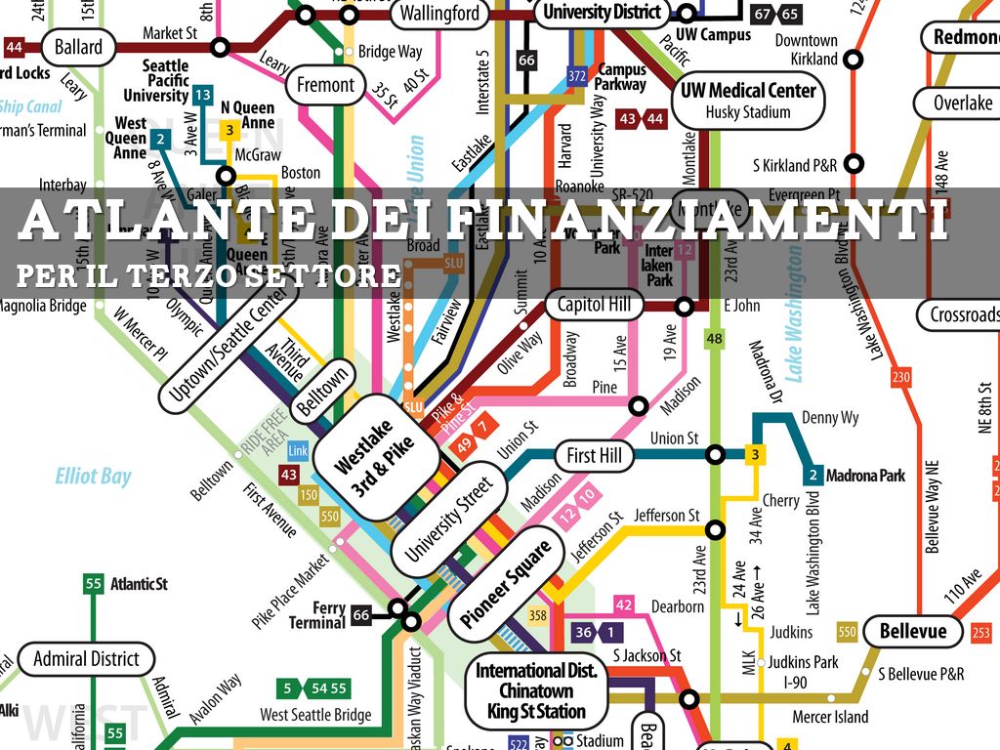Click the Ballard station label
pos(78,47)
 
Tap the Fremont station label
pos(325,85)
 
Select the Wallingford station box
pos(439,13)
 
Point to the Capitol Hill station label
pos(595,305)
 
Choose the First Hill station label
pos(594,455)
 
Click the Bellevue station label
pos(912,631)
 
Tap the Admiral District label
pos(87,658)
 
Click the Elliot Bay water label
pos(93,477)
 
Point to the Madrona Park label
pos(865,477)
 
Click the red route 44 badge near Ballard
pos(15,47)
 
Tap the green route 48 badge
pos(715,339)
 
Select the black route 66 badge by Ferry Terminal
pos(361,615)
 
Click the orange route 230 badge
pos(900,377)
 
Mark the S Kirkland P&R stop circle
pos(854,163)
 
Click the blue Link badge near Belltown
pos(298,450)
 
